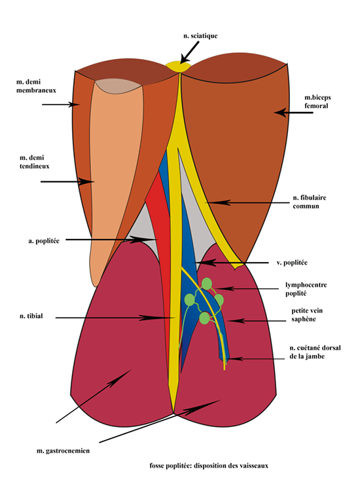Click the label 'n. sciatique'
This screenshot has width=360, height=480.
click(x=200, y=36)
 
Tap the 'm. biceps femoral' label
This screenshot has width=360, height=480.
click(x=317, y=102)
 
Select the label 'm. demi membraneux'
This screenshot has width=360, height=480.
click(x=36, y=86)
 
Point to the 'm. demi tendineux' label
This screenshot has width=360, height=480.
click(x=34, y=162)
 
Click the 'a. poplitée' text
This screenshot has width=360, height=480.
click(x=44, y=241)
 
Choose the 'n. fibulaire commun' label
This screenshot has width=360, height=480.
click(x=310, y=202)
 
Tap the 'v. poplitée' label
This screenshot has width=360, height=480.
click(x=292, y=263)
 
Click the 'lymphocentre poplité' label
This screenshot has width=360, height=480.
click(x=306, y=289)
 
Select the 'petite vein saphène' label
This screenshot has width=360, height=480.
click(x=307, y=315)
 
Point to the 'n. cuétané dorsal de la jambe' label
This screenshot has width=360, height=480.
click(x=315, y=352)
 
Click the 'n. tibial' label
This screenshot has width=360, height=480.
click(x=31, y=316)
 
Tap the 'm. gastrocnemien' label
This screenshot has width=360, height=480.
click(x=63, y=451)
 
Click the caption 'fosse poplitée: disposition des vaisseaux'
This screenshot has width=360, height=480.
click(x=209, y=466)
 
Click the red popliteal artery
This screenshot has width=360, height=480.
click(x=160, y=245)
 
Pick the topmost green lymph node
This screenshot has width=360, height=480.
click(x=207, y=283)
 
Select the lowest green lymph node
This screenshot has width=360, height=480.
click(x=204, y=318)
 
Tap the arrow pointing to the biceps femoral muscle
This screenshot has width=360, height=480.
click(x=293, y=113)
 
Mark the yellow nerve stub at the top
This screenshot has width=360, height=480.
click(x=178, y=66)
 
